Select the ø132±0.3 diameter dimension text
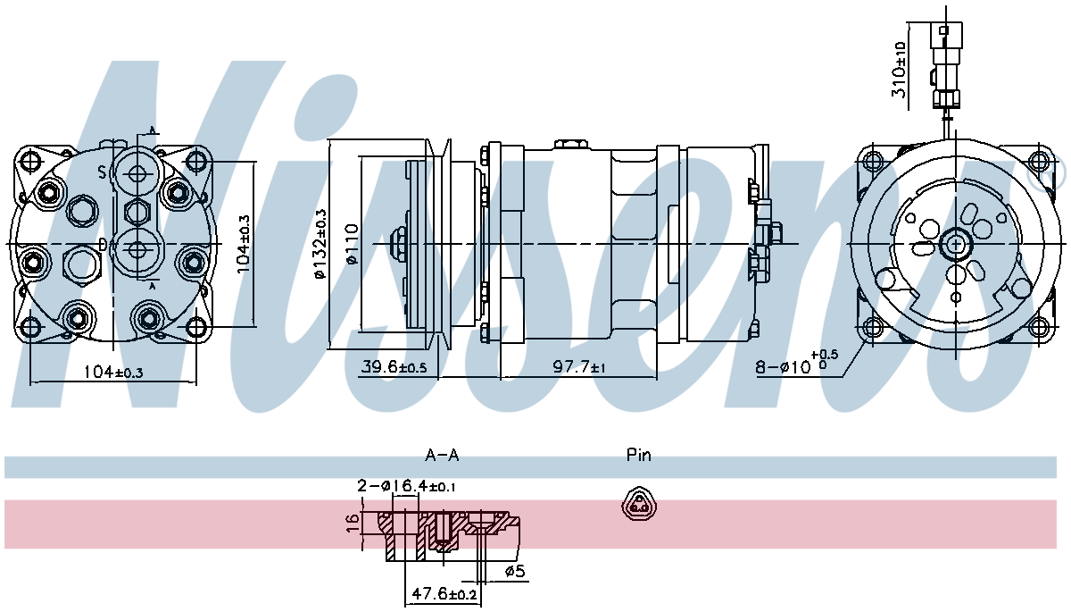(x=320, y=244)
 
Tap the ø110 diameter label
(x=352, y=244)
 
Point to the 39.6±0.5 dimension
(x=394, y=367)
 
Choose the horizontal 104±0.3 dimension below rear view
(x=112, y=372)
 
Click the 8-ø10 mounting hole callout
(x=795, y=366)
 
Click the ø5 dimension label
(x=515, y=572)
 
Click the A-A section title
(x=442, y=456)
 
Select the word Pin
(x=639, y=456)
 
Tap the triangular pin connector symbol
(x=638, y=505)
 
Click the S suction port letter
(x=103, y=172)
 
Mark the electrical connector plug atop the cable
(x=946, y=45)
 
